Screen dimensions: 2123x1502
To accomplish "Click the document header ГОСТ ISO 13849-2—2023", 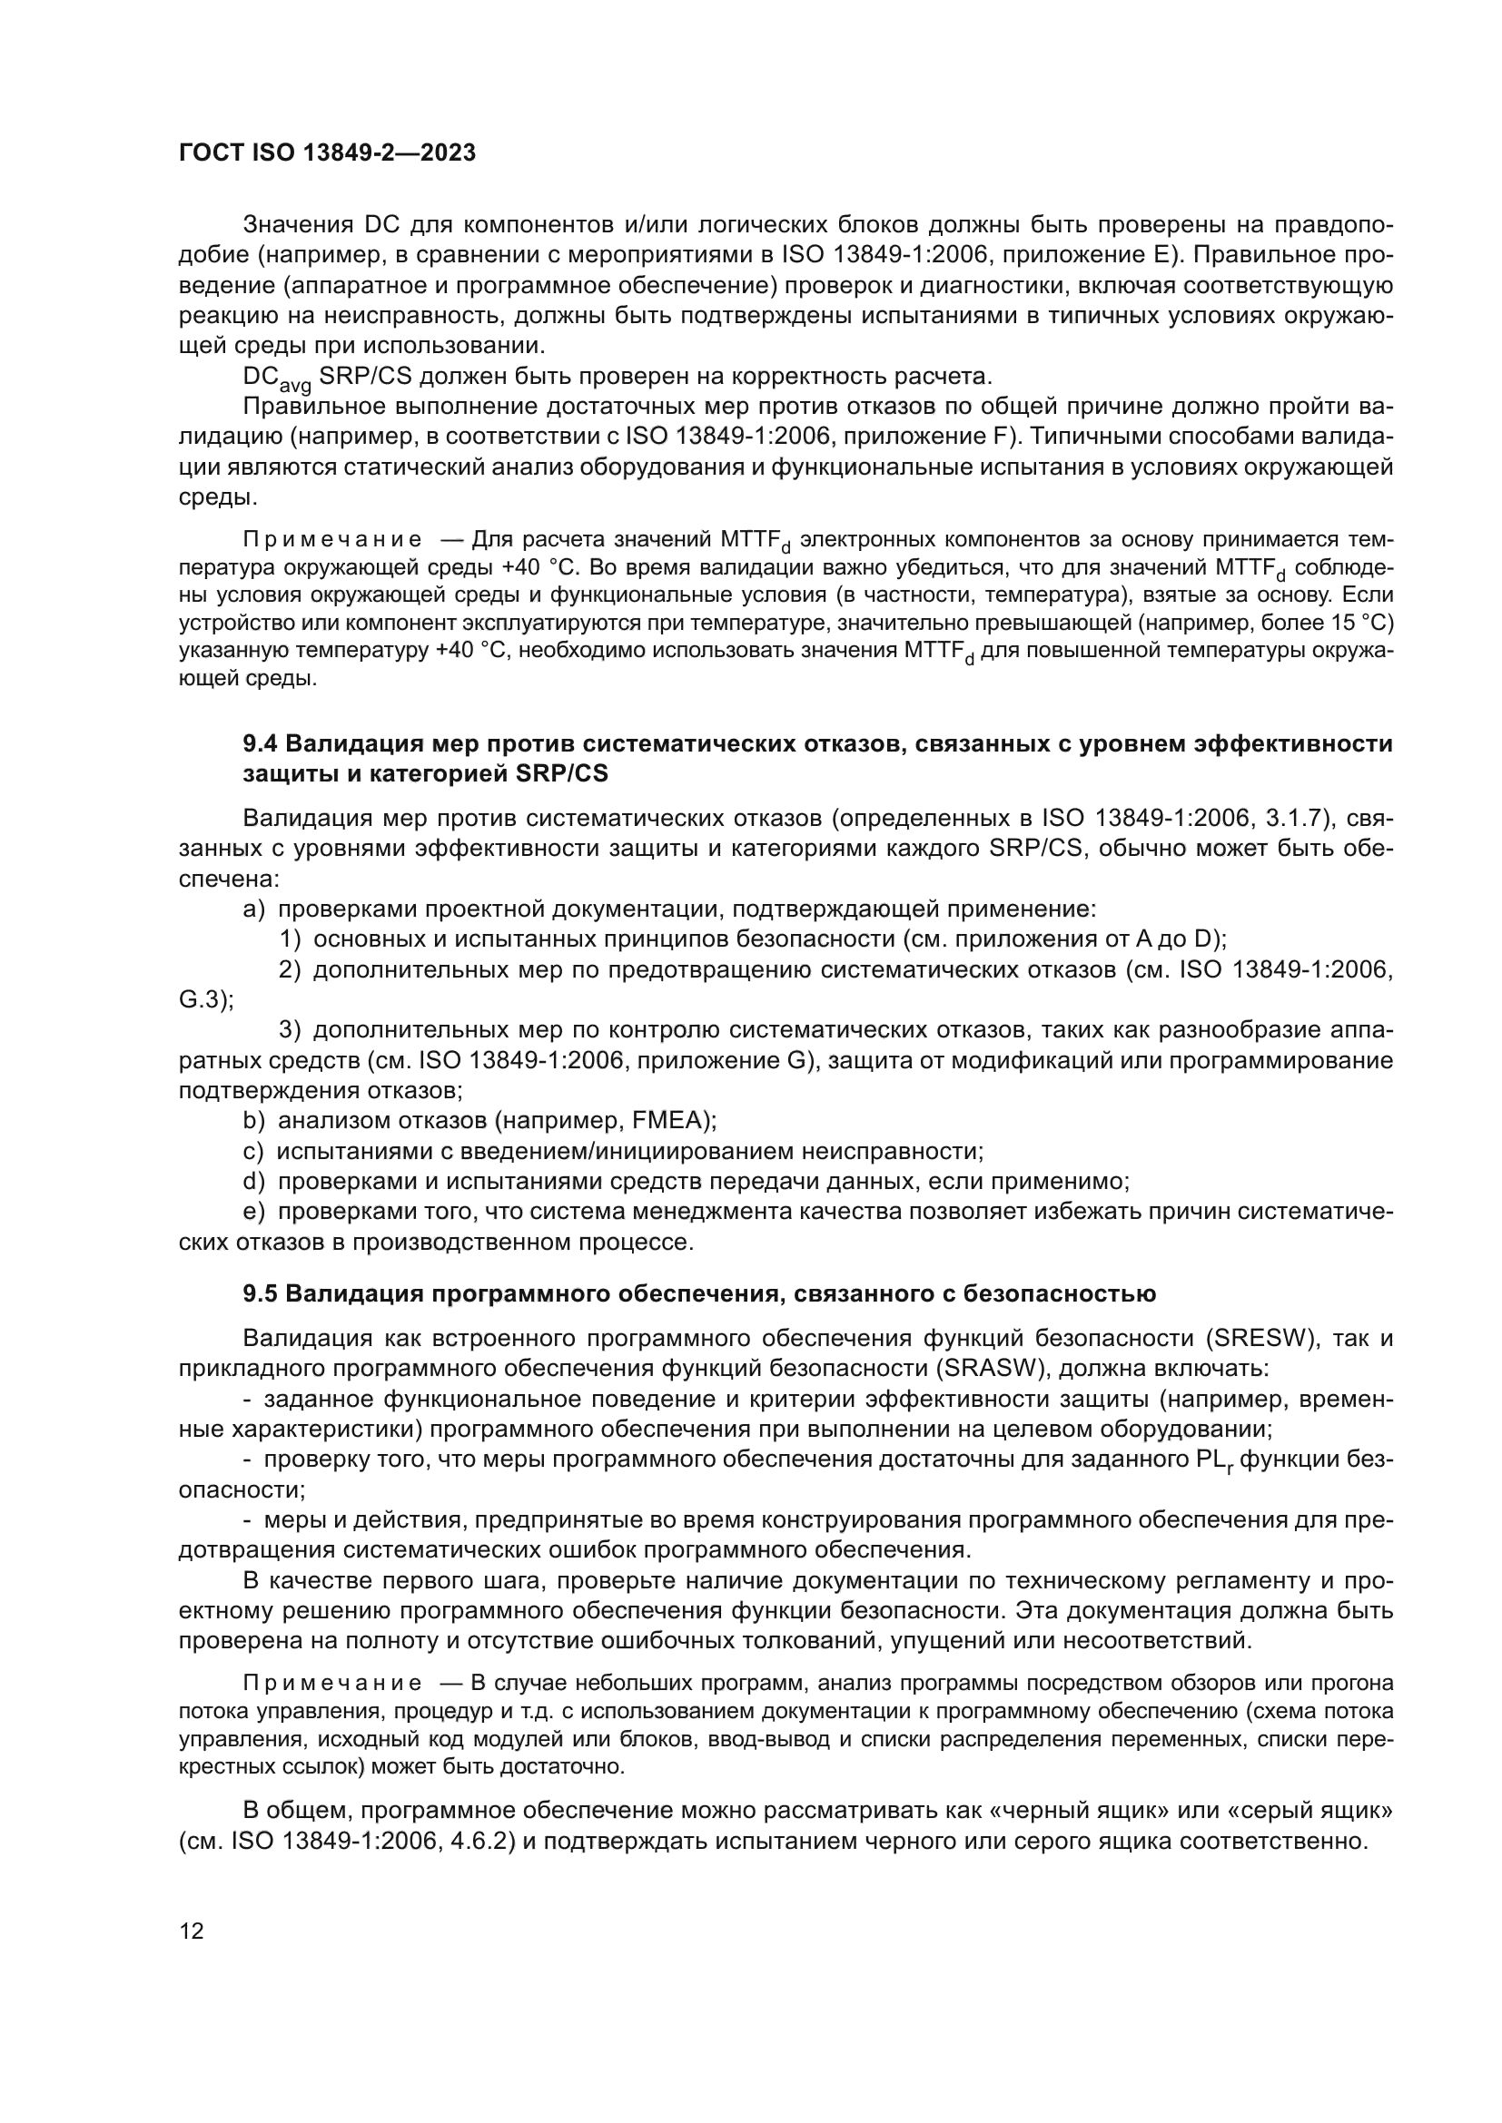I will click(327, 153).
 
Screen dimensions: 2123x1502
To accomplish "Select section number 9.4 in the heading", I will click(260, 743).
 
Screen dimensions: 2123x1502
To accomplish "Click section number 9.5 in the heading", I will click(260, 1293).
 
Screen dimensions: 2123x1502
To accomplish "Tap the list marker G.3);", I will click(205, 999).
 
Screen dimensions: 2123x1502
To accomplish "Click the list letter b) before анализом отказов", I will click(253, 1121).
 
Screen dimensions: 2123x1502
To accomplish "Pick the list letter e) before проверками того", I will click(253, 1212).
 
